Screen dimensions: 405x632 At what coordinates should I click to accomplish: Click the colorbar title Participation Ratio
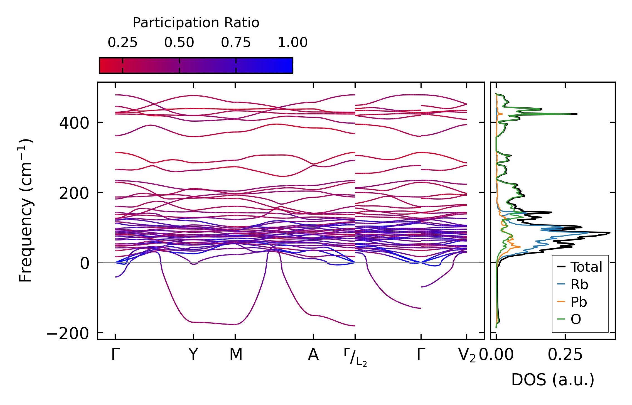pyautogui.click(x=196, y=23)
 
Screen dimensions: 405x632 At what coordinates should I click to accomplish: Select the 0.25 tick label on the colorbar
pyautogui.click(x=122, y=43)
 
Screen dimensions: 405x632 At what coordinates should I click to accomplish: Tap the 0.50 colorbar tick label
pyautogui.click(x=179, y=43)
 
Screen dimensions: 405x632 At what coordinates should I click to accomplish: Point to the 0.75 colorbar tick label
pyautogui.click(x=236, y=43)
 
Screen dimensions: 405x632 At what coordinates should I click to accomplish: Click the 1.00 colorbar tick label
pyautogui.click(x=292, y=43)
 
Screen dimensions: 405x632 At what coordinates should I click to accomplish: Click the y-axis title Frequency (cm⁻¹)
pyautogui.click(x=26, y=210)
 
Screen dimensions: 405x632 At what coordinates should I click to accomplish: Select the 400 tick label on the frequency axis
pyautogui.click(x=74, y=123)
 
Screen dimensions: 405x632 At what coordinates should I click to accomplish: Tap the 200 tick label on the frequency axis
pyautogui.click(x=74, y=193)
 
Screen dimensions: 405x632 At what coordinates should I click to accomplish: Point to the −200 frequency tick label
pyautogui.click(x=68, y=333)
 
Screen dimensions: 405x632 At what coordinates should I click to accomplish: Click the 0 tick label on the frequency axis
pyautogui.click(x=85, y=263)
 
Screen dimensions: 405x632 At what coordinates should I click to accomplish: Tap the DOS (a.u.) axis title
pyautogui.click(x=553, y=380)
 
